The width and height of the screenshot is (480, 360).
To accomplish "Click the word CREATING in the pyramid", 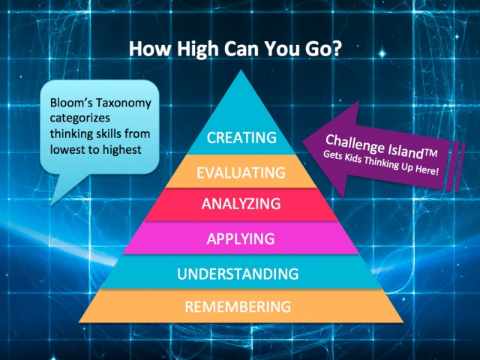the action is coord(241,138).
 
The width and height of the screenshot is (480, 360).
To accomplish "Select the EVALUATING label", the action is coord(241,173).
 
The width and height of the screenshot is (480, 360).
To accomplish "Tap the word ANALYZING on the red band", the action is coord(241,203).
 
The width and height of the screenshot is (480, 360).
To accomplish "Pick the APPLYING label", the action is coord(241,238).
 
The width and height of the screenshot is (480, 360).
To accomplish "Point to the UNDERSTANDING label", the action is coord(238,274).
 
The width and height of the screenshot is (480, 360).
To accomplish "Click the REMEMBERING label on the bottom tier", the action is coord(238,307).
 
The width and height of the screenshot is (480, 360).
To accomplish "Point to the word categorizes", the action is coord(80,119).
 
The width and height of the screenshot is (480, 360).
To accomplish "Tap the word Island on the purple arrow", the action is coord(406,151).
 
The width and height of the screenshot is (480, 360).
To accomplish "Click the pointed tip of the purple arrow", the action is coord(303,142).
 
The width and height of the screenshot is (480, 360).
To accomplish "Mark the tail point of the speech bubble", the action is coord(51,205).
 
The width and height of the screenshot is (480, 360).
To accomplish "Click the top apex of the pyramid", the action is coord(241,70).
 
